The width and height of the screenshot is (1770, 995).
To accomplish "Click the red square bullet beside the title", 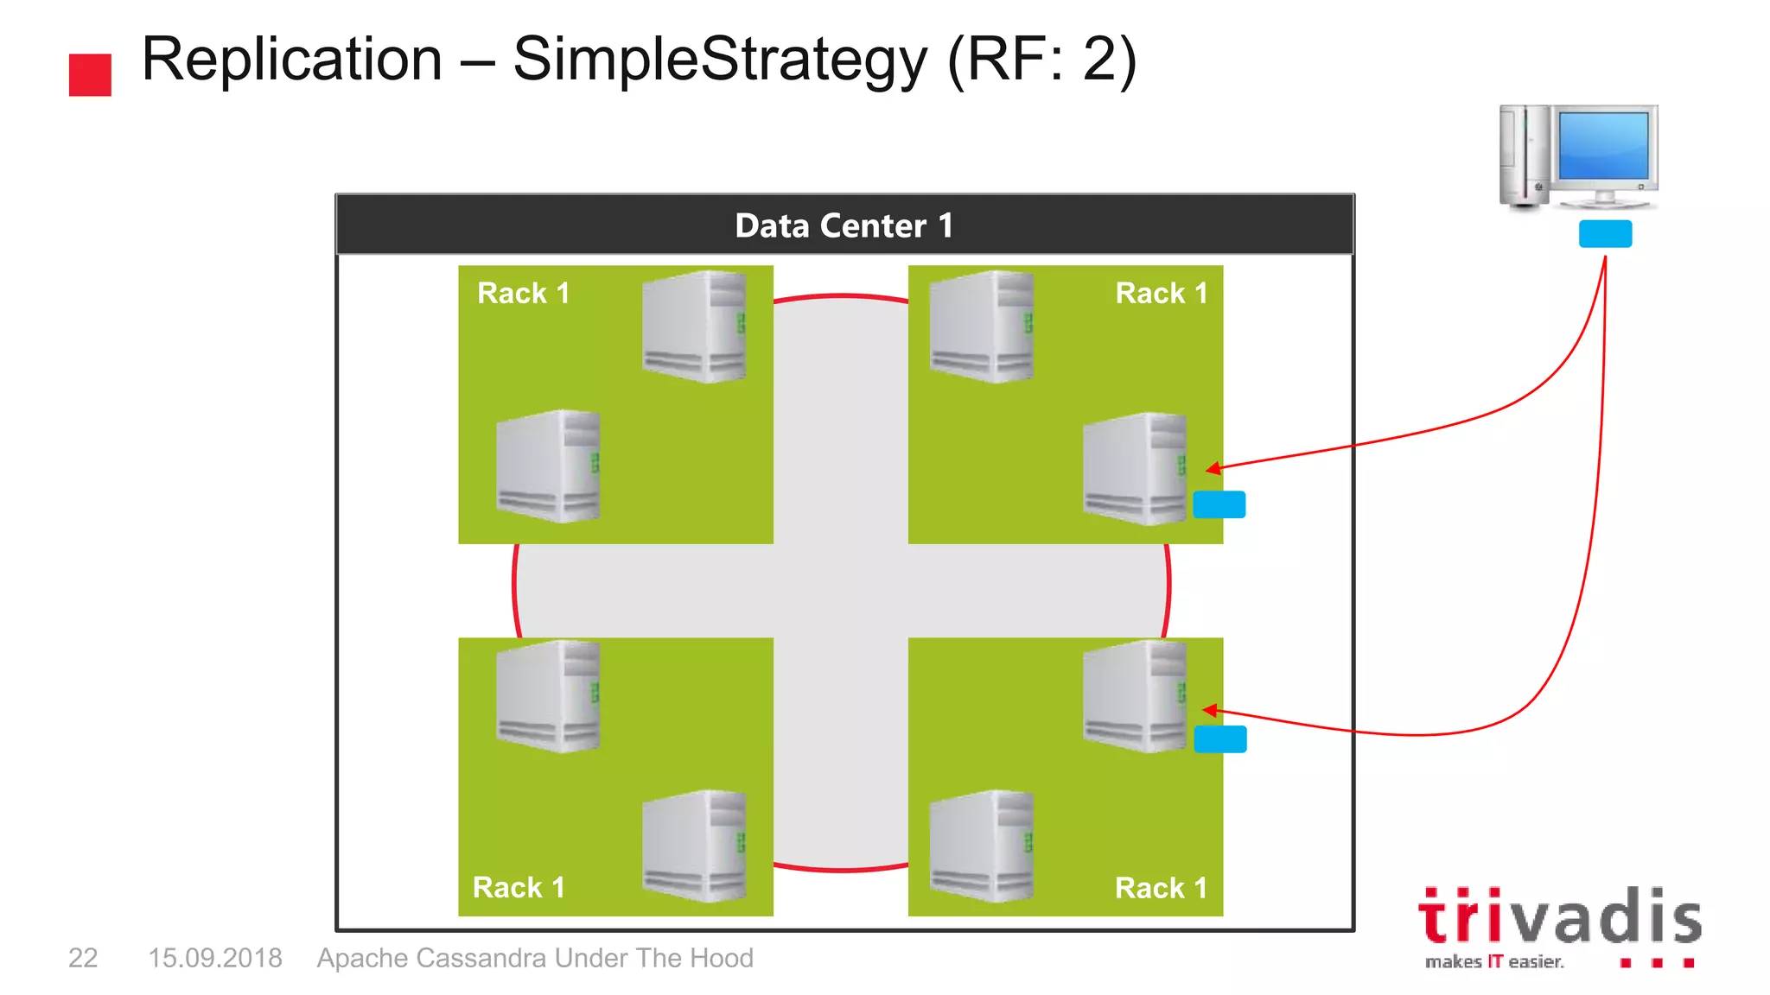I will [x=90, y=75].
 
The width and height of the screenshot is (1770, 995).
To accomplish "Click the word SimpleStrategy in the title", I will [x=720, y=60].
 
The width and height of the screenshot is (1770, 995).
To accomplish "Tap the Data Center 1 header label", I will [x=844, y=225].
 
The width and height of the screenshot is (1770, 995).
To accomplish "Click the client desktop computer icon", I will [x=1578, y=157].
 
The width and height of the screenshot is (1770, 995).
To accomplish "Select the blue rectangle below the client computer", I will [x=1605, y=234].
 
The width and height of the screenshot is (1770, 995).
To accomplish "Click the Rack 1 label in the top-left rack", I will [x=523, y=294].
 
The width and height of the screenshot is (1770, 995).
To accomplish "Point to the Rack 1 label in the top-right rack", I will [x=1161, y=294].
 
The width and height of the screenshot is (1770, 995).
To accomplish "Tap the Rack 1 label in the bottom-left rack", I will [x=519, y=887].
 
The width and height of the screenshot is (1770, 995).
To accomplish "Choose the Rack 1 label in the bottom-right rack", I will [x=1161, y=888].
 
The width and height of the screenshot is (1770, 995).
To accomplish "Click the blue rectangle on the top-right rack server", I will [x=1219, y=504].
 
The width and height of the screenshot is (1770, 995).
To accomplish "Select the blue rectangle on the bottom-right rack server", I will [x=1219, y=739].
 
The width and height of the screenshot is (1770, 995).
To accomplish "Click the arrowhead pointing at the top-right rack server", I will [x=1213, y=468].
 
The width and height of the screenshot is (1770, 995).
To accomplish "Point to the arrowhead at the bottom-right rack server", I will [x=1210, y=710].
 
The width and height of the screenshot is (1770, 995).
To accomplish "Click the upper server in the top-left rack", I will [x=694, y=326].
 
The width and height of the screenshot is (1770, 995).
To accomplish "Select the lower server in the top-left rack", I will [x=548, y=466].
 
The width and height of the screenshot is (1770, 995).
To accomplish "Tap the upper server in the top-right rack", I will [x=981, y=326].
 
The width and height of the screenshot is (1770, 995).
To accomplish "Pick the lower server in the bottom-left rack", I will [x=694, y=846].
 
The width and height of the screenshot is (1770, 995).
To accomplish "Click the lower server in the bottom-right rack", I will [x=981, y=846].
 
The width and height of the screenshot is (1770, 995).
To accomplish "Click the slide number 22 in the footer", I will [x=83, y=958].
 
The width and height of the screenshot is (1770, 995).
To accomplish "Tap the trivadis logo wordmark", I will [x=1559, y=916].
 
